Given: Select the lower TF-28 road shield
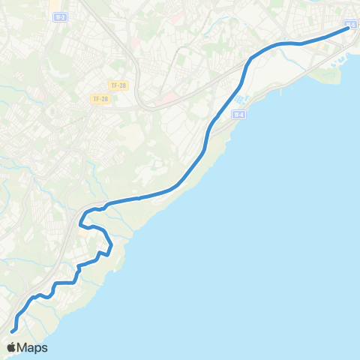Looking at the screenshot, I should click(100, 99).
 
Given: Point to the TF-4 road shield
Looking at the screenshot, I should click(239, 115).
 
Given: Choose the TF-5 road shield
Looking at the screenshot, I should click(351, 25).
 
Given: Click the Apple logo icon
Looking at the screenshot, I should click(11, 347).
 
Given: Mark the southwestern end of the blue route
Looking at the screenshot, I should click(13, 331).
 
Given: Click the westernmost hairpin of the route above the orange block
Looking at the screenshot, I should click(79, 222).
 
